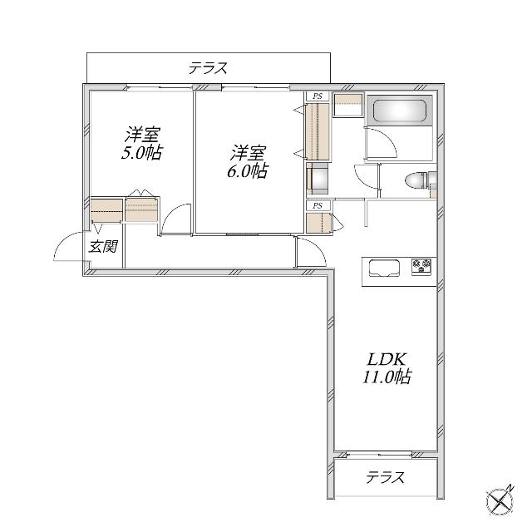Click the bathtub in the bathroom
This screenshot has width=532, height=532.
click(400, 111)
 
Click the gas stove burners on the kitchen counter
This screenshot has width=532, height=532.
click(421, 266)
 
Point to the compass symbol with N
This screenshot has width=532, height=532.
click(500, 501)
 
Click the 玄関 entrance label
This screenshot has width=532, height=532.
click(103, 247)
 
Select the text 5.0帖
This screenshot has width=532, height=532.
click(141, 153)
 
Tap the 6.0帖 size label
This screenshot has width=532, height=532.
click(248, 171)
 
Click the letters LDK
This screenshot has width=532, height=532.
click(387, 359)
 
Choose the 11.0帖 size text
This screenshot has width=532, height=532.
click(387, 377)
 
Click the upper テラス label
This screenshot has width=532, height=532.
click(208, 68)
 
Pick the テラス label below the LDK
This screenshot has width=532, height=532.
click(385, 478)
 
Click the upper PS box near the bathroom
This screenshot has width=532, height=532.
click(318, 96)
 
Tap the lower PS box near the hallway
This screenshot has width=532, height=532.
click(318, 205)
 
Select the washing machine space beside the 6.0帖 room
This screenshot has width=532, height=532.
click(318, 179)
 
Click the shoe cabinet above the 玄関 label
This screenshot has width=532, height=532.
click(106, 210)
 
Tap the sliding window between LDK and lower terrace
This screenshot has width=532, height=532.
click(379, 454)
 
